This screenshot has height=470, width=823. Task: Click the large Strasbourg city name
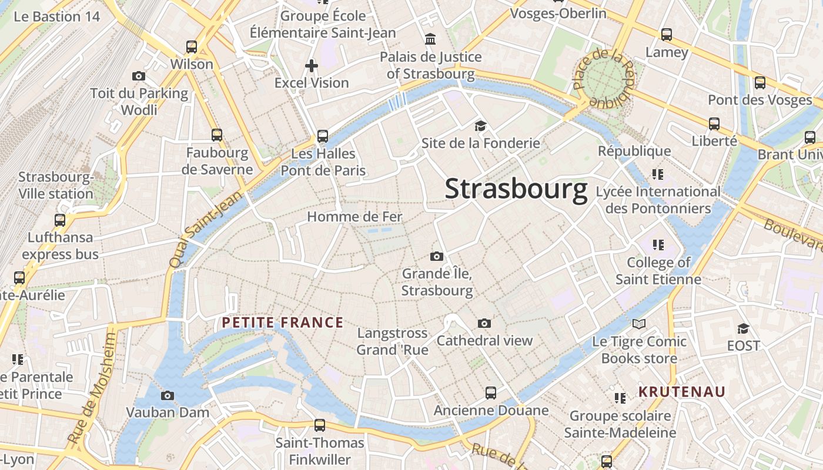coord(516,189)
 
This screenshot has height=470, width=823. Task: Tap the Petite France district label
coord(283,323)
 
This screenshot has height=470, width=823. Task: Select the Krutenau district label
coord(682,392)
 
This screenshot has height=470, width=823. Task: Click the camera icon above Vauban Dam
coord(168,395)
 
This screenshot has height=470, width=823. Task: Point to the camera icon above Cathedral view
coord(484,323)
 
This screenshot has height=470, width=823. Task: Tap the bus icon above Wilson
coord(192,47)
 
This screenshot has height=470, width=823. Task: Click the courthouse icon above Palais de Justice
coord(430,39)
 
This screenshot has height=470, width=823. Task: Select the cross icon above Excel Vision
coord(312,66)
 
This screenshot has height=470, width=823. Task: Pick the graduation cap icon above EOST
coord(744,328)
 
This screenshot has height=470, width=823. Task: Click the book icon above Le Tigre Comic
coord(639,324)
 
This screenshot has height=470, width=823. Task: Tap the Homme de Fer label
coord(354,217)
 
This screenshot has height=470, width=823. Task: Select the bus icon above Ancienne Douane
coord(491,393)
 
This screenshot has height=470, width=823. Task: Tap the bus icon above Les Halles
coord(323,136)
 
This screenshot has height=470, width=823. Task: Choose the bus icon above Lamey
coord(666,35)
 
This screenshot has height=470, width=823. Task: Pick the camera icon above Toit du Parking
coord(139,76)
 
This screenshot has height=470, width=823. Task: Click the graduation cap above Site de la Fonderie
coord(480,126)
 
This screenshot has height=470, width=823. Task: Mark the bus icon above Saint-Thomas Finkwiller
coord(320,425)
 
